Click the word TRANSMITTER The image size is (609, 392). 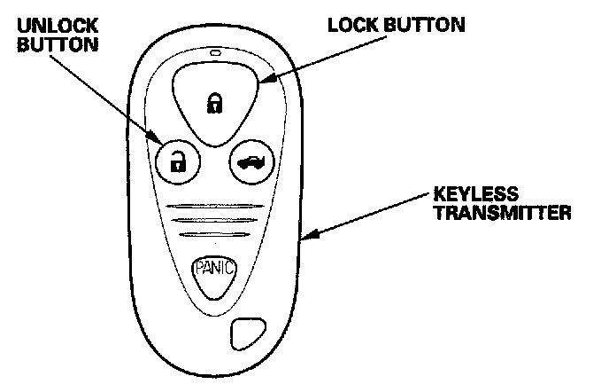point(496,213)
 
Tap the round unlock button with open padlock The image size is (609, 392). point(178,161)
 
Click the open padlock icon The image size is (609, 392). point(178,161)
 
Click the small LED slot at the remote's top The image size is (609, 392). point(215,55)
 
